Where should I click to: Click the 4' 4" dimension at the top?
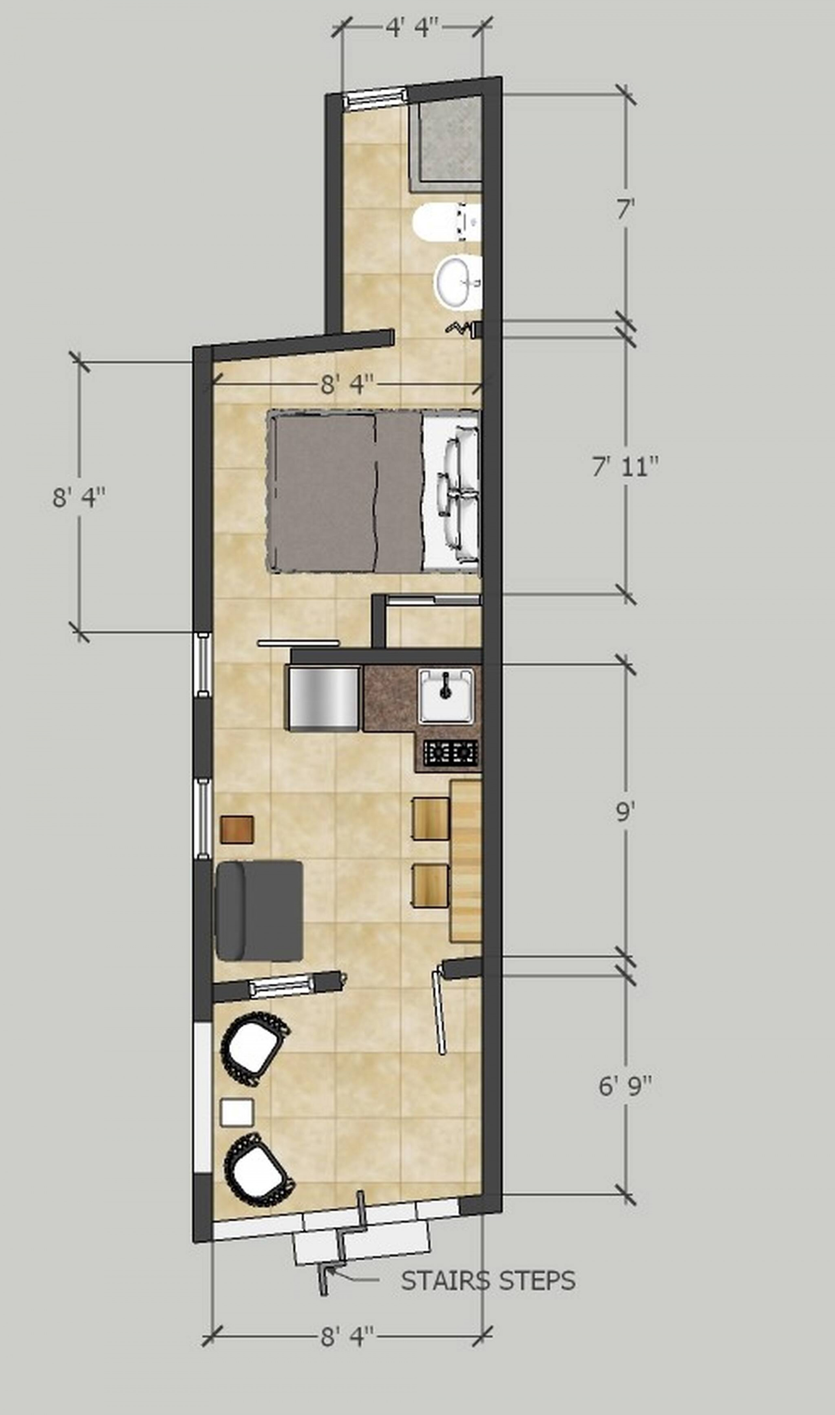(x=412, y=28)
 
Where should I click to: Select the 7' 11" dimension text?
(x=625, y=466)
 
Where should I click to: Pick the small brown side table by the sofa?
(x=236, y=829)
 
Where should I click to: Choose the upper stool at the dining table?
(x=431, y=818)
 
